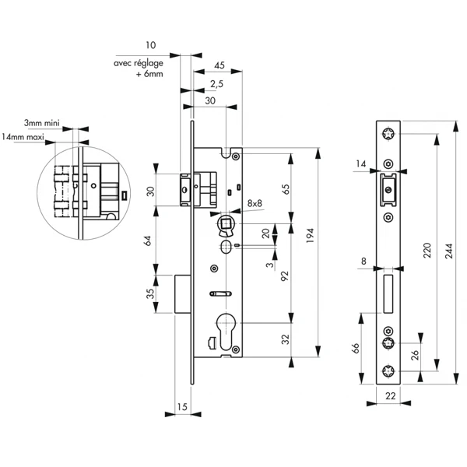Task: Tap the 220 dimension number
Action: (427, 250)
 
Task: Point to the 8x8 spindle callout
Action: (255, 204)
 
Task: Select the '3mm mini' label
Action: (41, 124)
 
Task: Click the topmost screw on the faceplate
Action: (388, 135)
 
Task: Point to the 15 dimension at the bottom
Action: (183, 406)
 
